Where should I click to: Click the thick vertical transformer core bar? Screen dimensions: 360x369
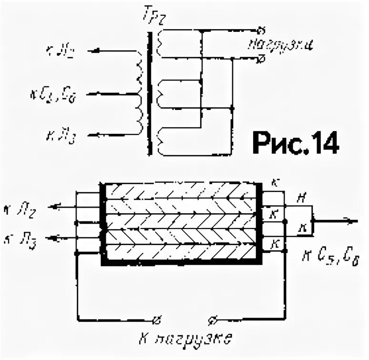coord(151,93)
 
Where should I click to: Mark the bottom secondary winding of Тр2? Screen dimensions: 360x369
coord(162,140)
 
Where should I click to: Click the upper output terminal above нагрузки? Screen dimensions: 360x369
coord(260,29)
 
